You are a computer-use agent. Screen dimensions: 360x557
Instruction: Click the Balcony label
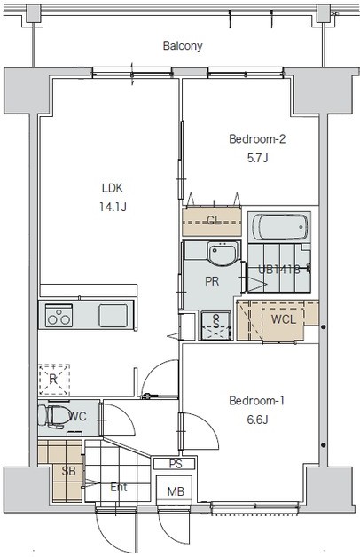point(183,46)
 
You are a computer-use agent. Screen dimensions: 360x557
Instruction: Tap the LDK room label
point(113,188)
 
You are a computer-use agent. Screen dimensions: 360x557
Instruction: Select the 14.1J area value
point(113,207)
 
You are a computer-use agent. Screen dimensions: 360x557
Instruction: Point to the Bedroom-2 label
point(257,138)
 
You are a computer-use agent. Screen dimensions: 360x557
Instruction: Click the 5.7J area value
point(257,157)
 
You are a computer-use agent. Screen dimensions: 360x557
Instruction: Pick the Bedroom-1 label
point(256,401)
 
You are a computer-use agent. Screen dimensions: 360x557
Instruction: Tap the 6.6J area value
point(257,420)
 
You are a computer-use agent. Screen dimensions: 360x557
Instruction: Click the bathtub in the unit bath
point(280,227)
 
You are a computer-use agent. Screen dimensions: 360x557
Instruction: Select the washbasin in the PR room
point(222,254)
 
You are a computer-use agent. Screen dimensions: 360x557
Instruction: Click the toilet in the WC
point(54,416)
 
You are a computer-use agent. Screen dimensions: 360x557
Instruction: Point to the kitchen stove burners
point(59,316)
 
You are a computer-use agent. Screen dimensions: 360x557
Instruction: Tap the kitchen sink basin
point(113,316)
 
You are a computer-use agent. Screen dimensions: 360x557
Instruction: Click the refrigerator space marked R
point(53,380)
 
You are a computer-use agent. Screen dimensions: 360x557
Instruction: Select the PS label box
point(175,464)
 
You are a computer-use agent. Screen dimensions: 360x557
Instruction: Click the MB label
point(176,491)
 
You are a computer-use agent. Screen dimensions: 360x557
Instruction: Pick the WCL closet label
point(284,319)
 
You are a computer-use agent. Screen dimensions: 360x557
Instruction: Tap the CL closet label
point(214,221)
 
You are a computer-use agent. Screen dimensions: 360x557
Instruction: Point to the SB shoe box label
point(68,471)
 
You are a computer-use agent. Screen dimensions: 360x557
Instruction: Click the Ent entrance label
point(119,487)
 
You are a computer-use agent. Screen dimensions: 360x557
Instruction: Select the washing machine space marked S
point(216,325)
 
